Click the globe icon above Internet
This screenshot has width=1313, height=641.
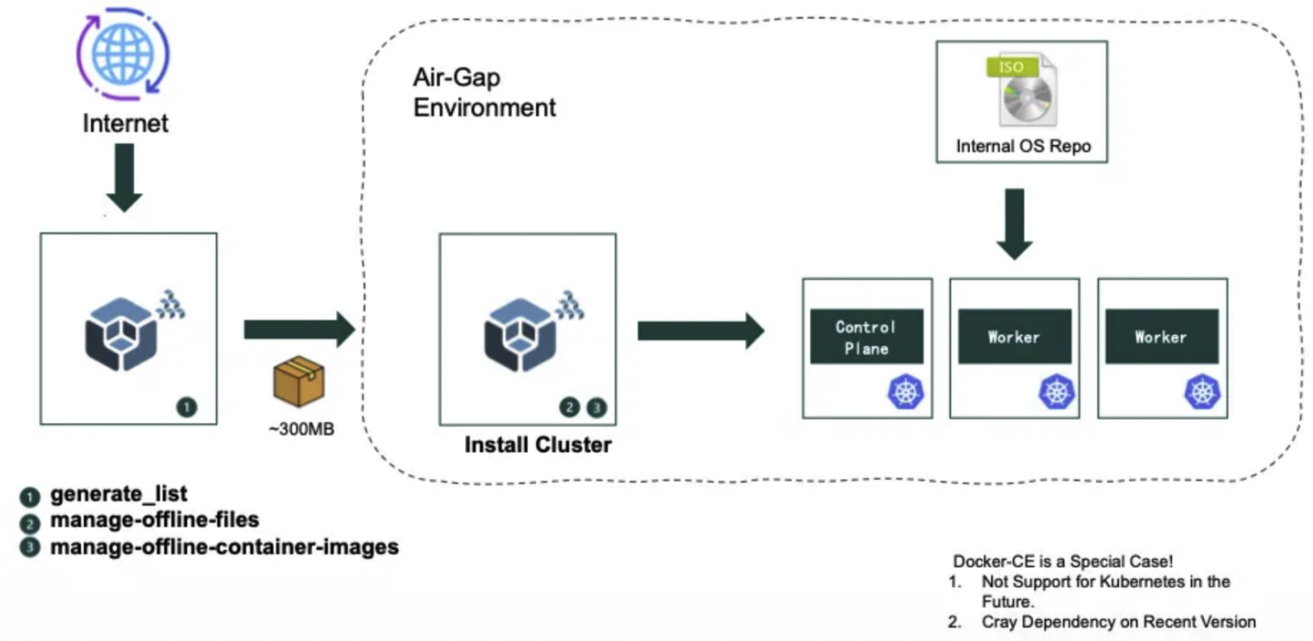click(123, 54)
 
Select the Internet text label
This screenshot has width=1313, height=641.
click(126, 123)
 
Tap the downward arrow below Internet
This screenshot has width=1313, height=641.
click(124, 177)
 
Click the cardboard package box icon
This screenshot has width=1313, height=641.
click(299, 381)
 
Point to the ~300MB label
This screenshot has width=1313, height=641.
click(301, 429)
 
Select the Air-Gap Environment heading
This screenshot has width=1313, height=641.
click(484, 92)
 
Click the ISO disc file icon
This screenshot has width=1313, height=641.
click(1023, 90)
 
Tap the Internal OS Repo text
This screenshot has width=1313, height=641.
click(1023, 146)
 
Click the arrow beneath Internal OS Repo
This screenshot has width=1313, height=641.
click(1014, 223)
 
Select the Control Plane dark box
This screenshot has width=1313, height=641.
click(866, 337)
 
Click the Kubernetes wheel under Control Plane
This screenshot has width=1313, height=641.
click(906, 392)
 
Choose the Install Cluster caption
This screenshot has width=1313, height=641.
click(538, 445)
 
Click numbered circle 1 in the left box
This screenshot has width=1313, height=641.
click(186, 407)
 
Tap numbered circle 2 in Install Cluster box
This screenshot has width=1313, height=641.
click(569, 407)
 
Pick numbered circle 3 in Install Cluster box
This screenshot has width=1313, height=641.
click(597, 408)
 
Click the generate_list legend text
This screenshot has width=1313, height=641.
click(119, 494)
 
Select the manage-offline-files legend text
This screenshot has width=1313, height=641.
click(154, 520)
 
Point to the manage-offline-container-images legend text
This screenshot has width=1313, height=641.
click(224, 547)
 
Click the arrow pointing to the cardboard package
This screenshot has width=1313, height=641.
click(299, 330)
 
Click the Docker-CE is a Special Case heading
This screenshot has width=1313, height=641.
click(1063, 561)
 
